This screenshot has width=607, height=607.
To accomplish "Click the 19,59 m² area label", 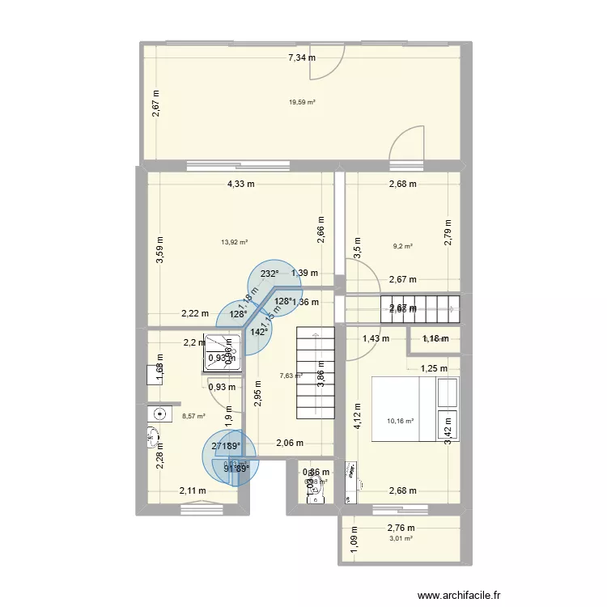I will (x=302, y=102).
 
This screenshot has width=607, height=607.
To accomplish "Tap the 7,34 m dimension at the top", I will (x=302, y=57).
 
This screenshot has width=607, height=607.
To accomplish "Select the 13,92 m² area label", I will (x=234, y=241).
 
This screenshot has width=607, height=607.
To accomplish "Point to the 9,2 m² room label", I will (x=403, y=247).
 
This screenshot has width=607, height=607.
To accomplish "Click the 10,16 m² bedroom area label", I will (x=400, y=421).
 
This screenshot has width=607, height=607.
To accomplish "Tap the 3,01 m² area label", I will (x=401, y=538).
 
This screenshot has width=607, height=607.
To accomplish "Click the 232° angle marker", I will (x=270, y=274).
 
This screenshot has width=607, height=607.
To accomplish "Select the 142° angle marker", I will (x=259, y=332).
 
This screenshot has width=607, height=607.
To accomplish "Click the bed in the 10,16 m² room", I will (x=415, y=409).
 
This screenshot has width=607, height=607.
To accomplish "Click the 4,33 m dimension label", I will (x=240, y=184).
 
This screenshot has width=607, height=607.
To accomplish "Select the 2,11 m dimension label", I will (x=193, y=490).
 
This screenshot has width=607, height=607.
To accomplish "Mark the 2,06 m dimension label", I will (x=290, y=444).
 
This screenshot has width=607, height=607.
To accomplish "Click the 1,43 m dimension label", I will (x=376, y=338).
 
